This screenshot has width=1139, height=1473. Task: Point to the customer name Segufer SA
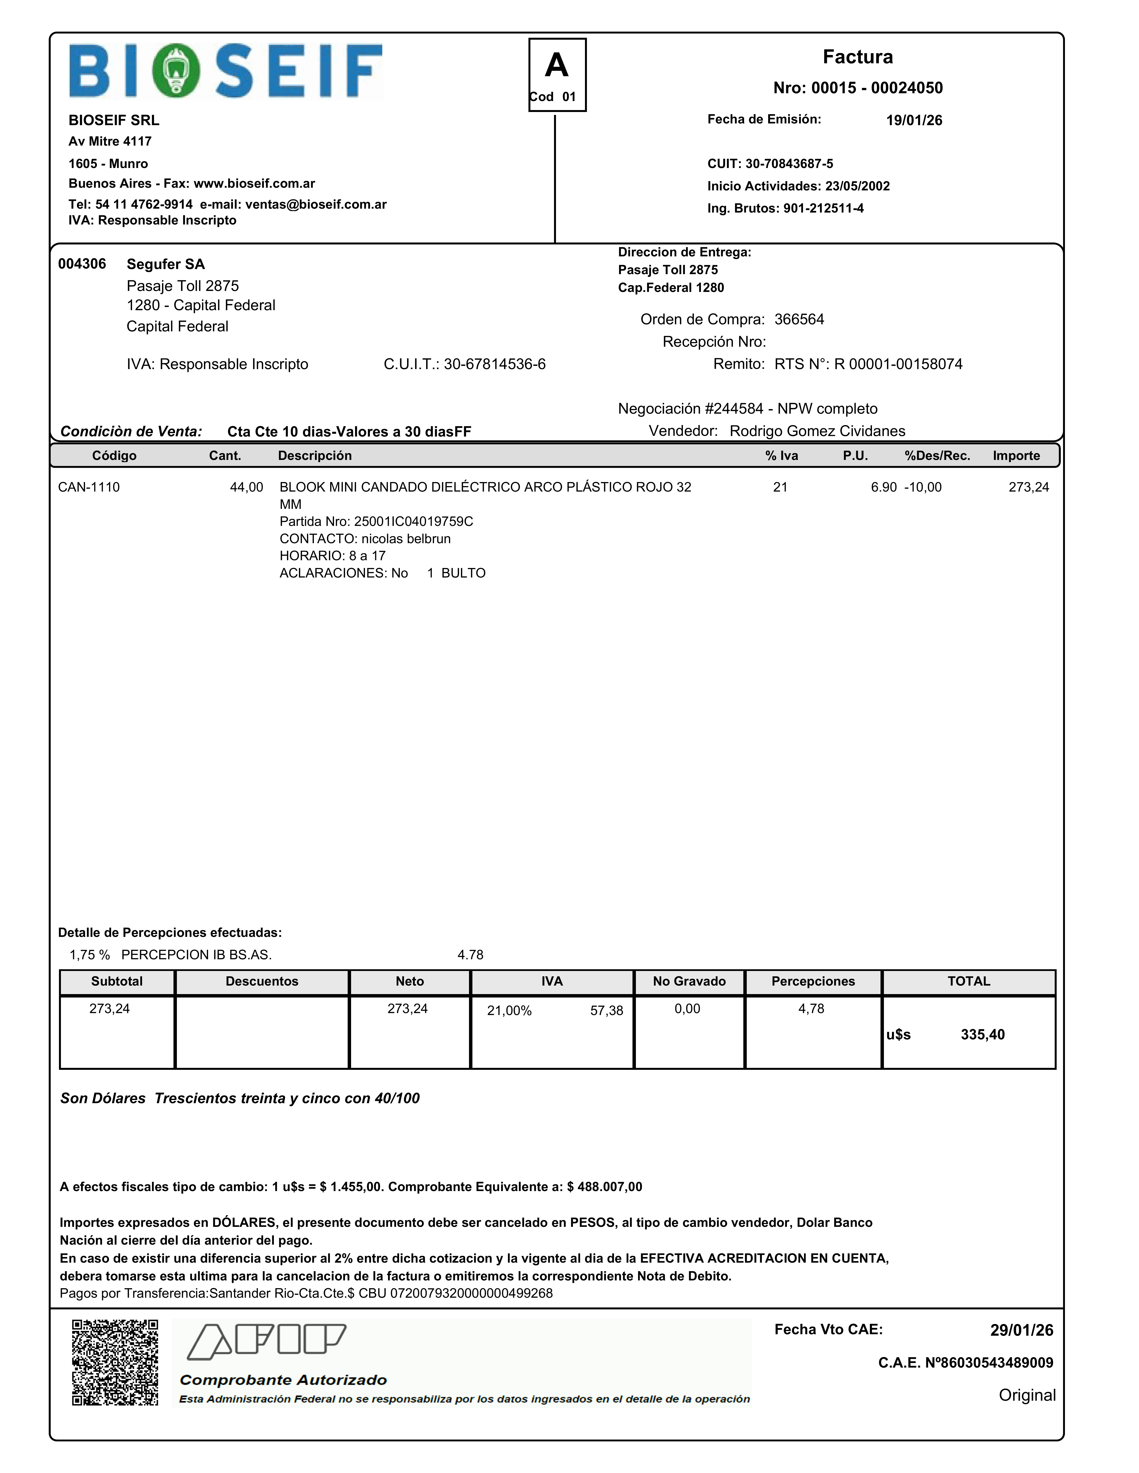click(165, 264)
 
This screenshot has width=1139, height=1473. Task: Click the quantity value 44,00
click(246, 487)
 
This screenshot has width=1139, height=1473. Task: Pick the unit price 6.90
click(883, 487)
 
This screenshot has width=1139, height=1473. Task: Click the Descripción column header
click(315, 455)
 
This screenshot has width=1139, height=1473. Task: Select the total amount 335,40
click(982, 1035)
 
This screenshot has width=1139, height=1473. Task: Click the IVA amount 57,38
click(607, 1010)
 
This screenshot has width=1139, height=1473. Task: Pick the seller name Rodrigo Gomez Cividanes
click(817, 431)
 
